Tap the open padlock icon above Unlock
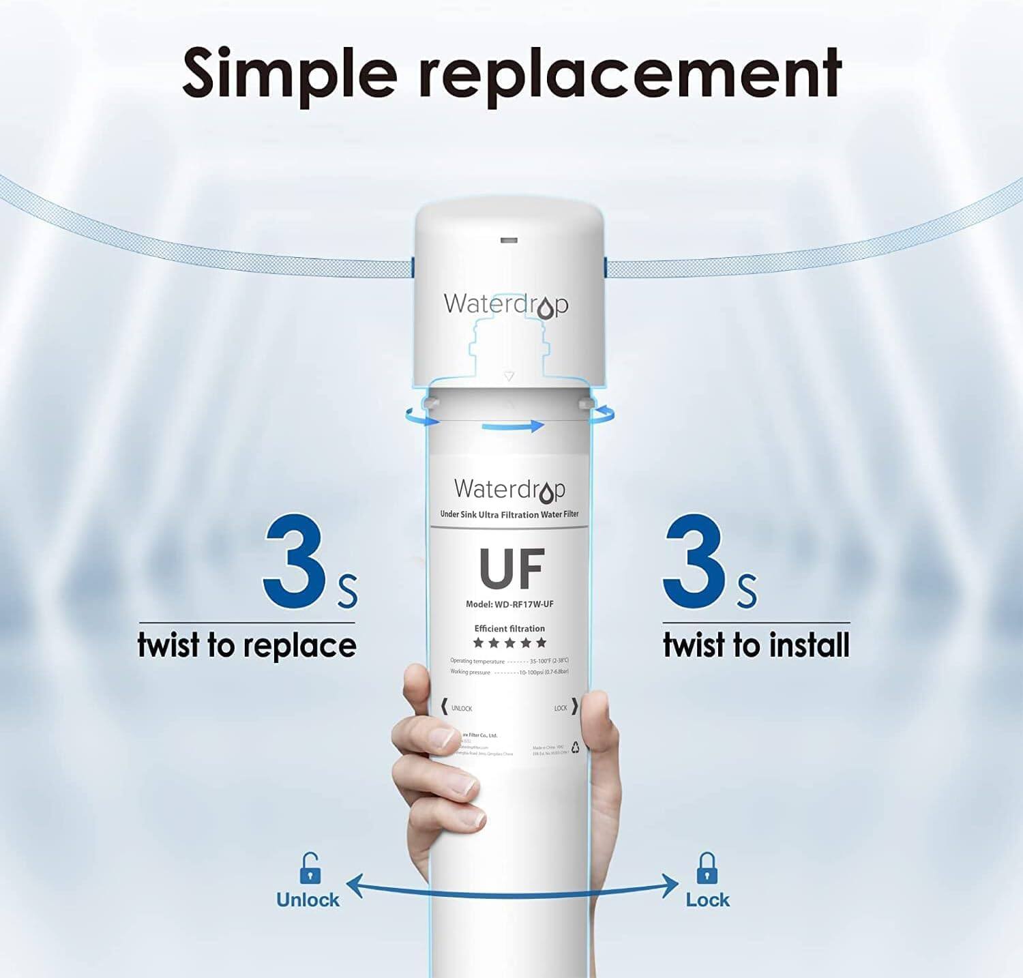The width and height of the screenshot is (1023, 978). coord(310,868)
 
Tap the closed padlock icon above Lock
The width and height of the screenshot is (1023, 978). coord(707,868)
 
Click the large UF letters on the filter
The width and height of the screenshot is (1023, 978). coord(512,569)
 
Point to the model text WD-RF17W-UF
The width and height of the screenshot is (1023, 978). coord(519,604)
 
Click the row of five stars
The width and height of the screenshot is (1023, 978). coord(509,642)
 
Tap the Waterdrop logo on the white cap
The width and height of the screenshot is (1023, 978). coord(505,304)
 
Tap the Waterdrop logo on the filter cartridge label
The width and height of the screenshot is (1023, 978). coord(509,490)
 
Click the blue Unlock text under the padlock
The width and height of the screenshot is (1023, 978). coord(308,900)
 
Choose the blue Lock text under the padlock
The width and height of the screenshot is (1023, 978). coord(707,900)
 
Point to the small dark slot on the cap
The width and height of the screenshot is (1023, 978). coord(509,241)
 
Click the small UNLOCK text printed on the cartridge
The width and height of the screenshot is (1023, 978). coord(462,709)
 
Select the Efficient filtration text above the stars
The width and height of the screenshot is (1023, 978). coord(509,629)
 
